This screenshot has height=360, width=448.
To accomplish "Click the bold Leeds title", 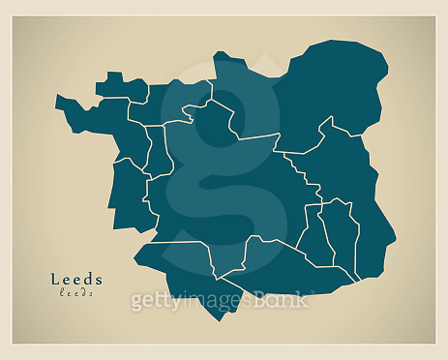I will (x=76, y=280).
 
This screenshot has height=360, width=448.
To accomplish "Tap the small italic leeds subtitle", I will (x=76, y=292).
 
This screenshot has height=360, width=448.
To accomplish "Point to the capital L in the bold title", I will (x=55, y=280).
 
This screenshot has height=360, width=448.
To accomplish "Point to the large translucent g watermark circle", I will (x=223, y=165).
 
